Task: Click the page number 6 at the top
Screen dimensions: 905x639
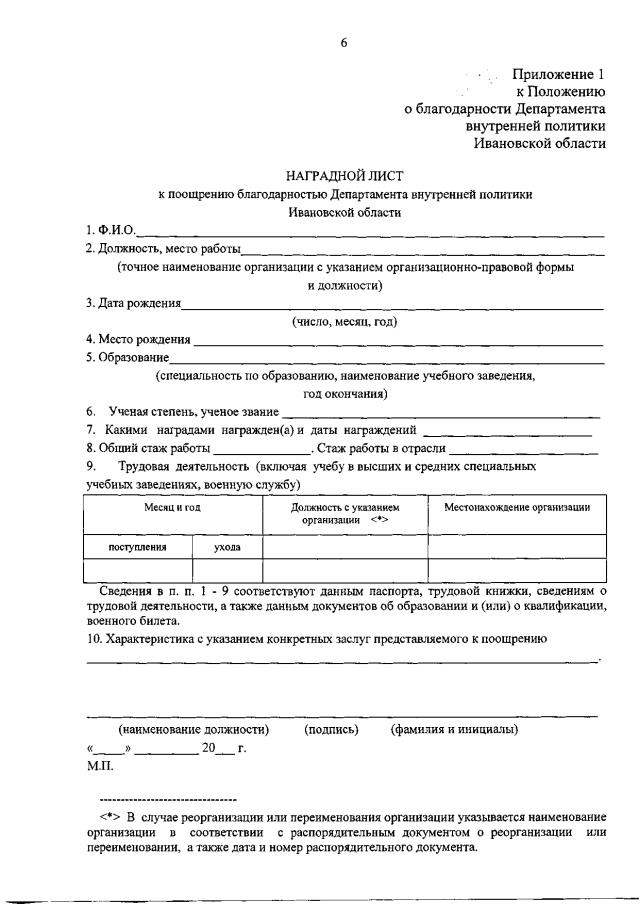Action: click(343, 41)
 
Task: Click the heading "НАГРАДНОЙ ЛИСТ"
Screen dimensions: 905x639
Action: click(344, 176)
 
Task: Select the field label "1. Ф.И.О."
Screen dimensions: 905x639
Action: click(110, 231)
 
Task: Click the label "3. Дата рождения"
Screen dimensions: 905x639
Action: click(132, 303)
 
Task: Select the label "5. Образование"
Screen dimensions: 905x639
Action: click(127, 357)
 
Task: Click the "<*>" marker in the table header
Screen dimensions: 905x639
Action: click(378, 520)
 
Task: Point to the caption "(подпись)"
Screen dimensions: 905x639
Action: click(330, 729)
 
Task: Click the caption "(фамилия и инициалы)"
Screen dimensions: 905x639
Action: click(454, 729)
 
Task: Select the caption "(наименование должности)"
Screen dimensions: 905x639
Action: click(193, 729)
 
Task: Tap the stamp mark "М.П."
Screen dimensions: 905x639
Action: click(100, 767)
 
